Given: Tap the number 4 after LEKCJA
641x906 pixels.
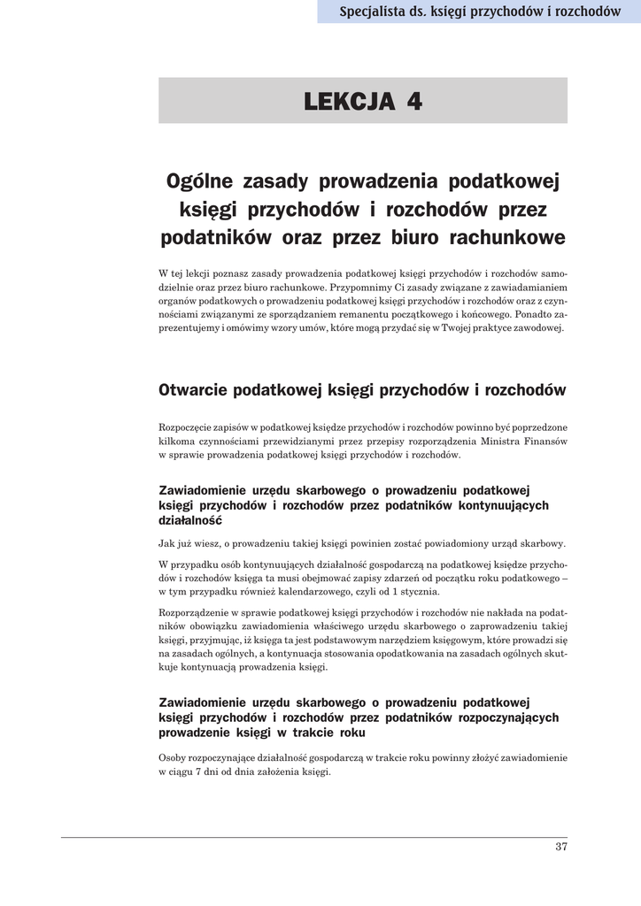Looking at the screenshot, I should pyautogui.click(x=414, y=102).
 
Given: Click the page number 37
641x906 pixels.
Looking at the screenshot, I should pyautogui.click(x=560, y=847).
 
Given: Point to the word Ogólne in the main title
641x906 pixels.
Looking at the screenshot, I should pyautogui.click(x=201, y=181).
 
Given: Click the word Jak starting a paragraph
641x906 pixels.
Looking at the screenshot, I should pyautogui.click(x=167, y=543).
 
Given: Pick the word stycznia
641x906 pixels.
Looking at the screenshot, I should pyautogui.click(x=418, y=592).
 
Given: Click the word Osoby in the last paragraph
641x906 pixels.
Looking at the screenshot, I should pyautogui.click(x=174, y=757).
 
